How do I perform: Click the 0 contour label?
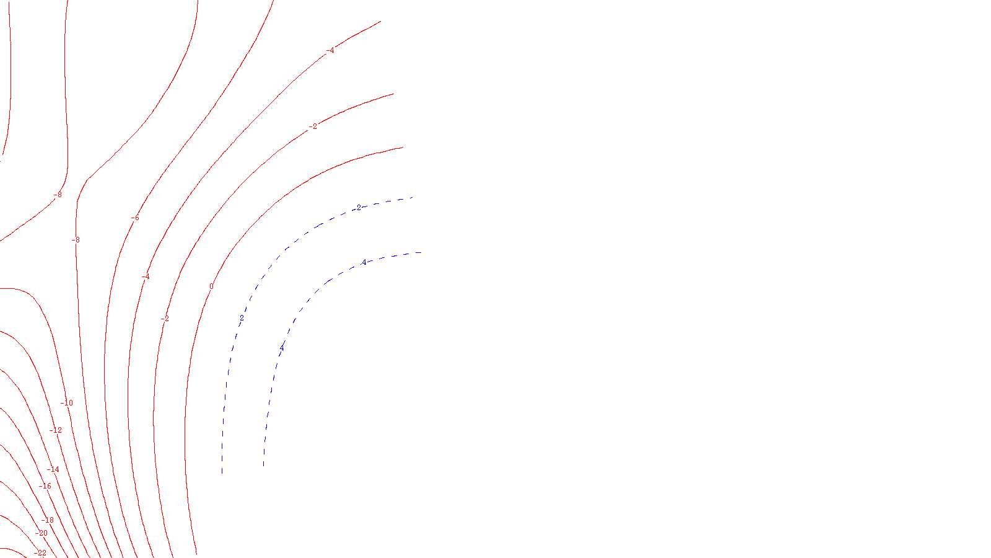coord(211,286)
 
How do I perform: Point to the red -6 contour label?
coord(135,218)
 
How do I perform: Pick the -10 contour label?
coord(67,403)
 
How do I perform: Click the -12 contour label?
coord(56,430)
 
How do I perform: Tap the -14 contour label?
coord(54,469)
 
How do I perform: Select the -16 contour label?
coord(45,486)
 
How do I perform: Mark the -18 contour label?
coord(48,520)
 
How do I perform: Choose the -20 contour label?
coord(41,533)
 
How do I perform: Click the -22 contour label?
coord(40,553)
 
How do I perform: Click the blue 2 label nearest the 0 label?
coord(242,319)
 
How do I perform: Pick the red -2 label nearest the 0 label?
coord(165,319)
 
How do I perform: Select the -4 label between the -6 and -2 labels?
coord(146,277)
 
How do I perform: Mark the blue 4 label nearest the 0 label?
coord(282,348)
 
